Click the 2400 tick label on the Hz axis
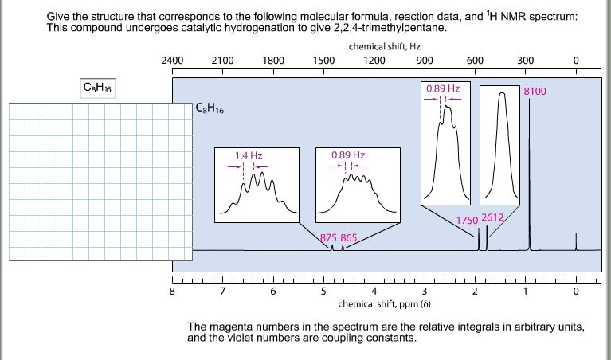[172, 60]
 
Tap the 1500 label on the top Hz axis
[323, 60]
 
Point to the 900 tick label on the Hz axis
[424, 60]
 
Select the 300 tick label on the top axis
[525, 60]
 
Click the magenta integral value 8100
[535, 92]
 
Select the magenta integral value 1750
[466, 220]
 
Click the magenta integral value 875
[328, 237]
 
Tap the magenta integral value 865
[349, 237]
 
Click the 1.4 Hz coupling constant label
[249, 155]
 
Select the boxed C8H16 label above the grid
[100, 88]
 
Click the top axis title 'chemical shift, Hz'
[379, 47]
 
